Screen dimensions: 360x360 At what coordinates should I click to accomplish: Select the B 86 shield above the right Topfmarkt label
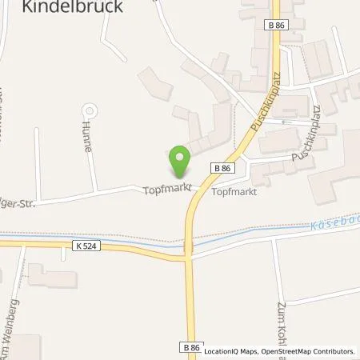pyautogui.click(x=223, y=167)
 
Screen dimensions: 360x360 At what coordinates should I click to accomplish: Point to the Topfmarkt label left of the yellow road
pyautogui.click(x=165, y=191)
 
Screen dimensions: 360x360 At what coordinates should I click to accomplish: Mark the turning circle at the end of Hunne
pyautogui.click(x=89, y=110)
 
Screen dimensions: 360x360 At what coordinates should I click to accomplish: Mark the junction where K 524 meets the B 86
pyautogui.click(x=190, y=258)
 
